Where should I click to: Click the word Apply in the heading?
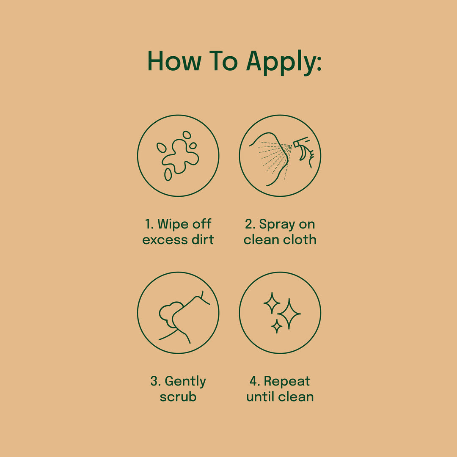coord(284,63)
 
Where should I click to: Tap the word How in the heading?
coord(174,61)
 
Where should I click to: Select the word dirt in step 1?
coord(203,240)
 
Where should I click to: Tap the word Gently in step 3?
coord(185,382)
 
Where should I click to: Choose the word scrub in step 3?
coord(178,396)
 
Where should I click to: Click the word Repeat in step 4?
coord(287,382)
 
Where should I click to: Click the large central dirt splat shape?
coord(180,156)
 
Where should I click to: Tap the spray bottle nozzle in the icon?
coord(300,142)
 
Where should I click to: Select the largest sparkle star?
coord(289,314)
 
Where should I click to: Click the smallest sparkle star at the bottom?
coord(277,326)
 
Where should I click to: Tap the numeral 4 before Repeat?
coord(253,382)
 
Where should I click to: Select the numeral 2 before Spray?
coord(249,224)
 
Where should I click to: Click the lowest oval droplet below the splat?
coord(168,174)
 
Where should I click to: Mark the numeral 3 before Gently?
coord(154,382)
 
